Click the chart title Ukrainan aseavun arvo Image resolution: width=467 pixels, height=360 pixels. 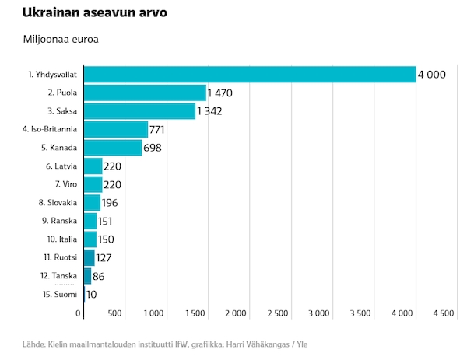95,12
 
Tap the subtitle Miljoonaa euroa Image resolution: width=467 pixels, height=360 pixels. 61,40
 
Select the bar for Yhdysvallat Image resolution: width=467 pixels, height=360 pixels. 250,75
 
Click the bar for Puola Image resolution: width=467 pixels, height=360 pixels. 145,93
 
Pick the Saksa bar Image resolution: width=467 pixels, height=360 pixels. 139,111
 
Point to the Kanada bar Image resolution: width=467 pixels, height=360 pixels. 113,148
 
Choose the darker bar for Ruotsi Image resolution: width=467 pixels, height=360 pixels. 90,257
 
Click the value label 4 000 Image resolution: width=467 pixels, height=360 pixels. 431,75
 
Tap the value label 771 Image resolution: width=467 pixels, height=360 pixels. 157,130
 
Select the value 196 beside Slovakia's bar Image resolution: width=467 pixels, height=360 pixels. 110,203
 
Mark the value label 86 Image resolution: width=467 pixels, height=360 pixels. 98,276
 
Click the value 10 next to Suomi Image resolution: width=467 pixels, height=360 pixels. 91,295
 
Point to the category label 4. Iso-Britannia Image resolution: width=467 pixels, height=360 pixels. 50,129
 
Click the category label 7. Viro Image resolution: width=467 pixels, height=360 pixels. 66,184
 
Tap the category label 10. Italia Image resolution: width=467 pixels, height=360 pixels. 62,239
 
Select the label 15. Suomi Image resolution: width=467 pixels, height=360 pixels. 60,294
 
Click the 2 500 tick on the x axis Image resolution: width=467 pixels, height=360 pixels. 278,313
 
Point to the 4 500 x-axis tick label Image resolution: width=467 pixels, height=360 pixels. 444,313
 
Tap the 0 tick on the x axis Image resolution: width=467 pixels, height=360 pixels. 78,313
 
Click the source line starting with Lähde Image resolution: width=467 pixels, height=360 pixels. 165,344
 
